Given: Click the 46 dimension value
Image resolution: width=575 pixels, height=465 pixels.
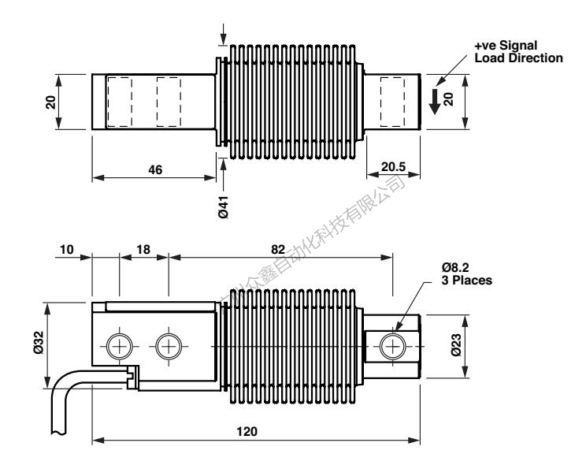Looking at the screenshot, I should [x=155, y=169].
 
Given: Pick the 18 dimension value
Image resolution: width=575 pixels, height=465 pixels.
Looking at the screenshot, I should [x=144, y=249].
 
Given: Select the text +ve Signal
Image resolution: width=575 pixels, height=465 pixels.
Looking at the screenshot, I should [x=496, y=47].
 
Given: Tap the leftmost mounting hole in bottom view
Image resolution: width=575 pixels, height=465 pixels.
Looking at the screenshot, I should [x=119, y=345].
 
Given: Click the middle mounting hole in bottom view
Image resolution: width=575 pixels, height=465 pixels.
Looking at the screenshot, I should [x=168, y=345].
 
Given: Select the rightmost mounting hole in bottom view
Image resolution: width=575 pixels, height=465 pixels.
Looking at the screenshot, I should [x=392, y=345].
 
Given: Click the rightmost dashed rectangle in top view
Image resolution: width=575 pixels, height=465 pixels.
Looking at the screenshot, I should [x=392, y=102].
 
